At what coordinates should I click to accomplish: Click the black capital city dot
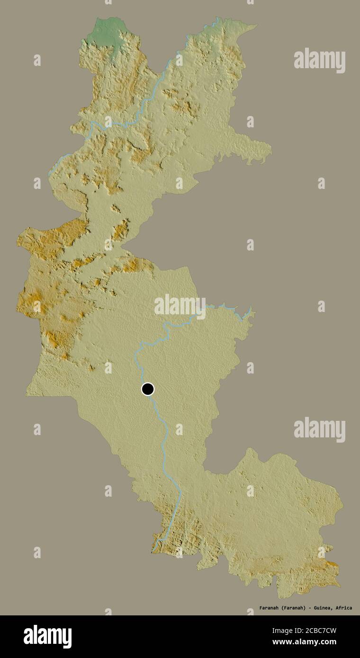click(148, 389)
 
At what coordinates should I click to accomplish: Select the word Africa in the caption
click(343, 608)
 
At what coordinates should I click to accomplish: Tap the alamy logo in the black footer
click(47, 636)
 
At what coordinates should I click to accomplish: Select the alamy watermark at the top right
click(319, 60)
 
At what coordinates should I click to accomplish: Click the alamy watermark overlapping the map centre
click(180, 306)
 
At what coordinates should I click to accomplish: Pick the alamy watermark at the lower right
click(319, 429)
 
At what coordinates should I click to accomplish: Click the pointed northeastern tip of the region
click(256, 26)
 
